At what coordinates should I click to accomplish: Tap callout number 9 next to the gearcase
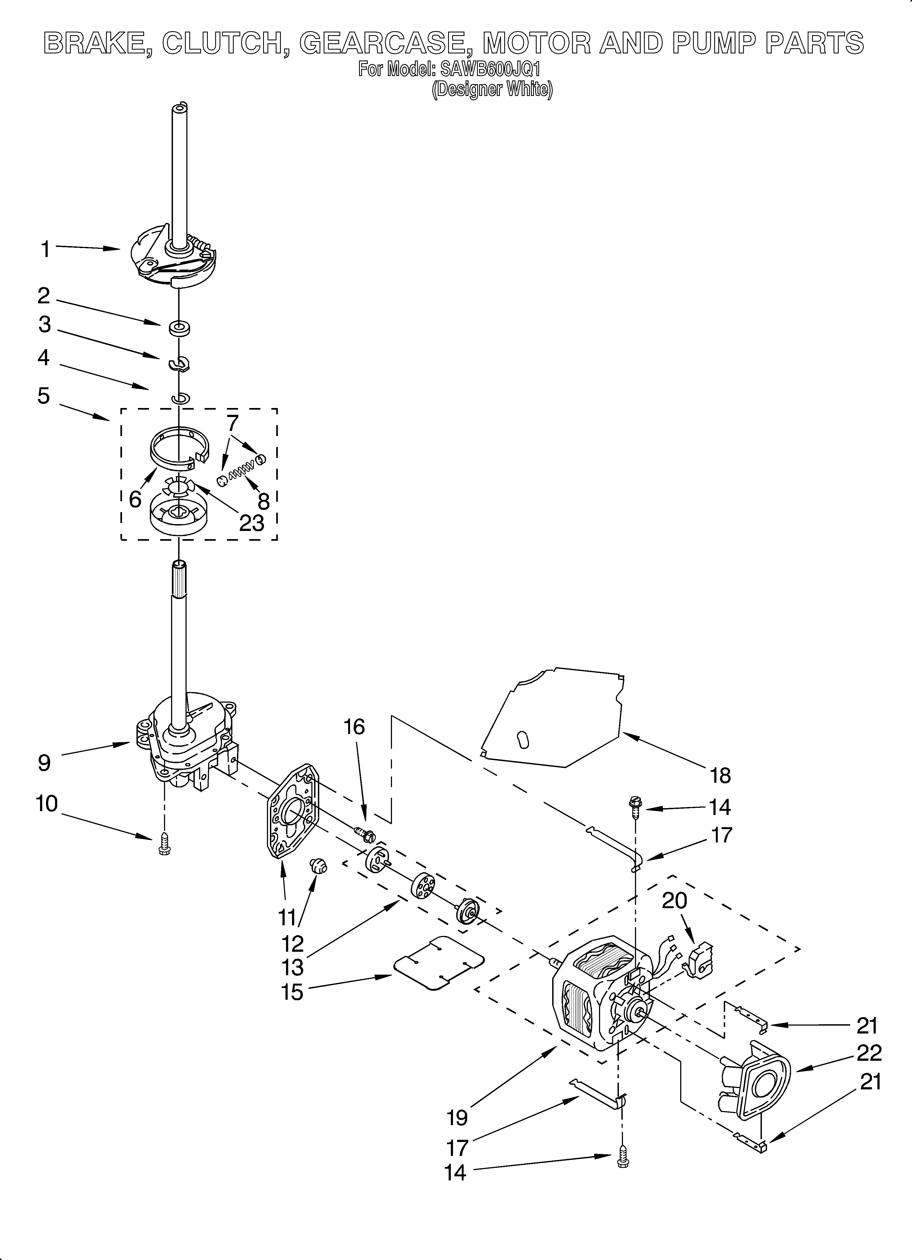tap(44, 763)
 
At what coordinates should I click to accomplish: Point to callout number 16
tap(354, 727)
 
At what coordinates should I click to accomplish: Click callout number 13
tap(293, 967)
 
